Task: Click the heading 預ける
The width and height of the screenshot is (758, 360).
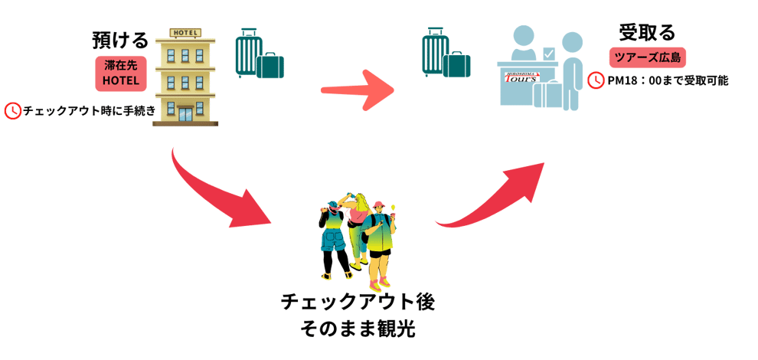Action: click(120, 40)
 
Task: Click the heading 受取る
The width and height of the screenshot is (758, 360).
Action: click(647, 33)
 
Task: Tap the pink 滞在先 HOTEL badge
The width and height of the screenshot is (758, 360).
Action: click(120, 74)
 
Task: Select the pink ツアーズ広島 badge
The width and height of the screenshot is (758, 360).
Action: click(648, 57)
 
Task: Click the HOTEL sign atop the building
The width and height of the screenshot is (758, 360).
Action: click(186, 33)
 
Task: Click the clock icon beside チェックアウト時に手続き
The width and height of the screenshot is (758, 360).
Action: click(13, 110)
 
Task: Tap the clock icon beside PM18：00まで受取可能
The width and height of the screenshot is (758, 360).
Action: click(596, 80)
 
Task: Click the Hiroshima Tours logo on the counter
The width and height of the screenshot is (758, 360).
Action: click(522, 77)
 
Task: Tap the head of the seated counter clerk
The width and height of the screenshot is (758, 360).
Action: click(523, 37)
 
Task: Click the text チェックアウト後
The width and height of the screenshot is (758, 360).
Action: click(358, 301)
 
